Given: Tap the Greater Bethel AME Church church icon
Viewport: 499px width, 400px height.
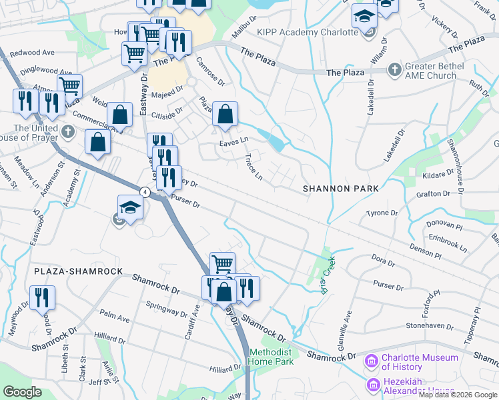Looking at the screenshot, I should point(394,69).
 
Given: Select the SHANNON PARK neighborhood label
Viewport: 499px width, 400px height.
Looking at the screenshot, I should point(340,189).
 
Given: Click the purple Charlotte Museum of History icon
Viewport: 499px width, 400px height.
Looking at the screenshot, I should point(372,362).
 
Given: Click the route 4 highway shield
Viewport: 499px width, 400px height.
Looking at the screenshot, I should point(143,191).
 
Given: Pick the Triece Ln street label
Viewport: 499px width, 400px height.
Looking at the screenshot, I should point(254,167).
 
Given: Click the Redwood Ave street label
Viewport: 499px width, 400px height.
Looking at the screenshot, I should point(31,52).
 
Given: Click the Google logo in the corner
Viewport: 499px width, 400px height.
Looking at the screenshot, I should point(23,392).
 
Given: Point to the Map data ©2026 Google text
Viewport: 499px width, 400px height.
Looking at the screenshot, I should point(458,395).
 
